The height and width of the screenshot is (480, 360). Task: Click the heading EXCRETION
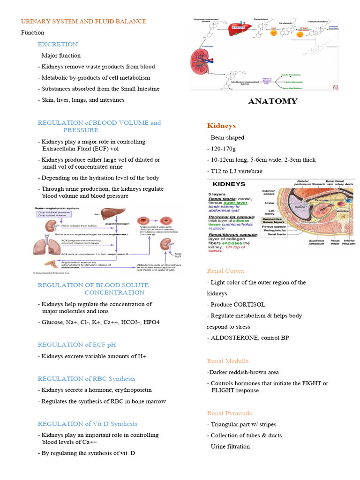(x=58, y=44)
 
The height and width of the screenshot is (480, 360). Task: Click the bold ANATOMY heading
(x=272, y=101)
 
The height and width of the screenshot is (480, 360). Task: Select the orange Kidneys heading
(x=221, y=126)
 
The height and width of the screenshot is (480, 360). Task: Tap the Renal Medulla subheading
(x=228, y=361)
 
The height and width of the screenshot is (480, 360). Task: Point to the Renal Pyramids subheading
(x=229, y=413)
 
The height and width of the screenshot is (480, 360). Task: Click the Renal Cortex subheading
(x=225, y=271)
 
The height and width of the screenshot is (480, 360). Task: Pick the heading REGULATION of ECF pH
(x=76, y=345)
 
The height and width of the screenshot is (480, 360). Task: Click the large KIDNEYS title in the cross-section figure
(x=227, y=184)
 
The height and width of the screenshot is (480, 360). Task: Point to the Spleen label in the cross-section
(x=299, y=207)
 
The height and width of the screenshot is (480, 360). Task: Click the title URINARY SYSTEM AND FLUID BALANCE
(x=83, y=21)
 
